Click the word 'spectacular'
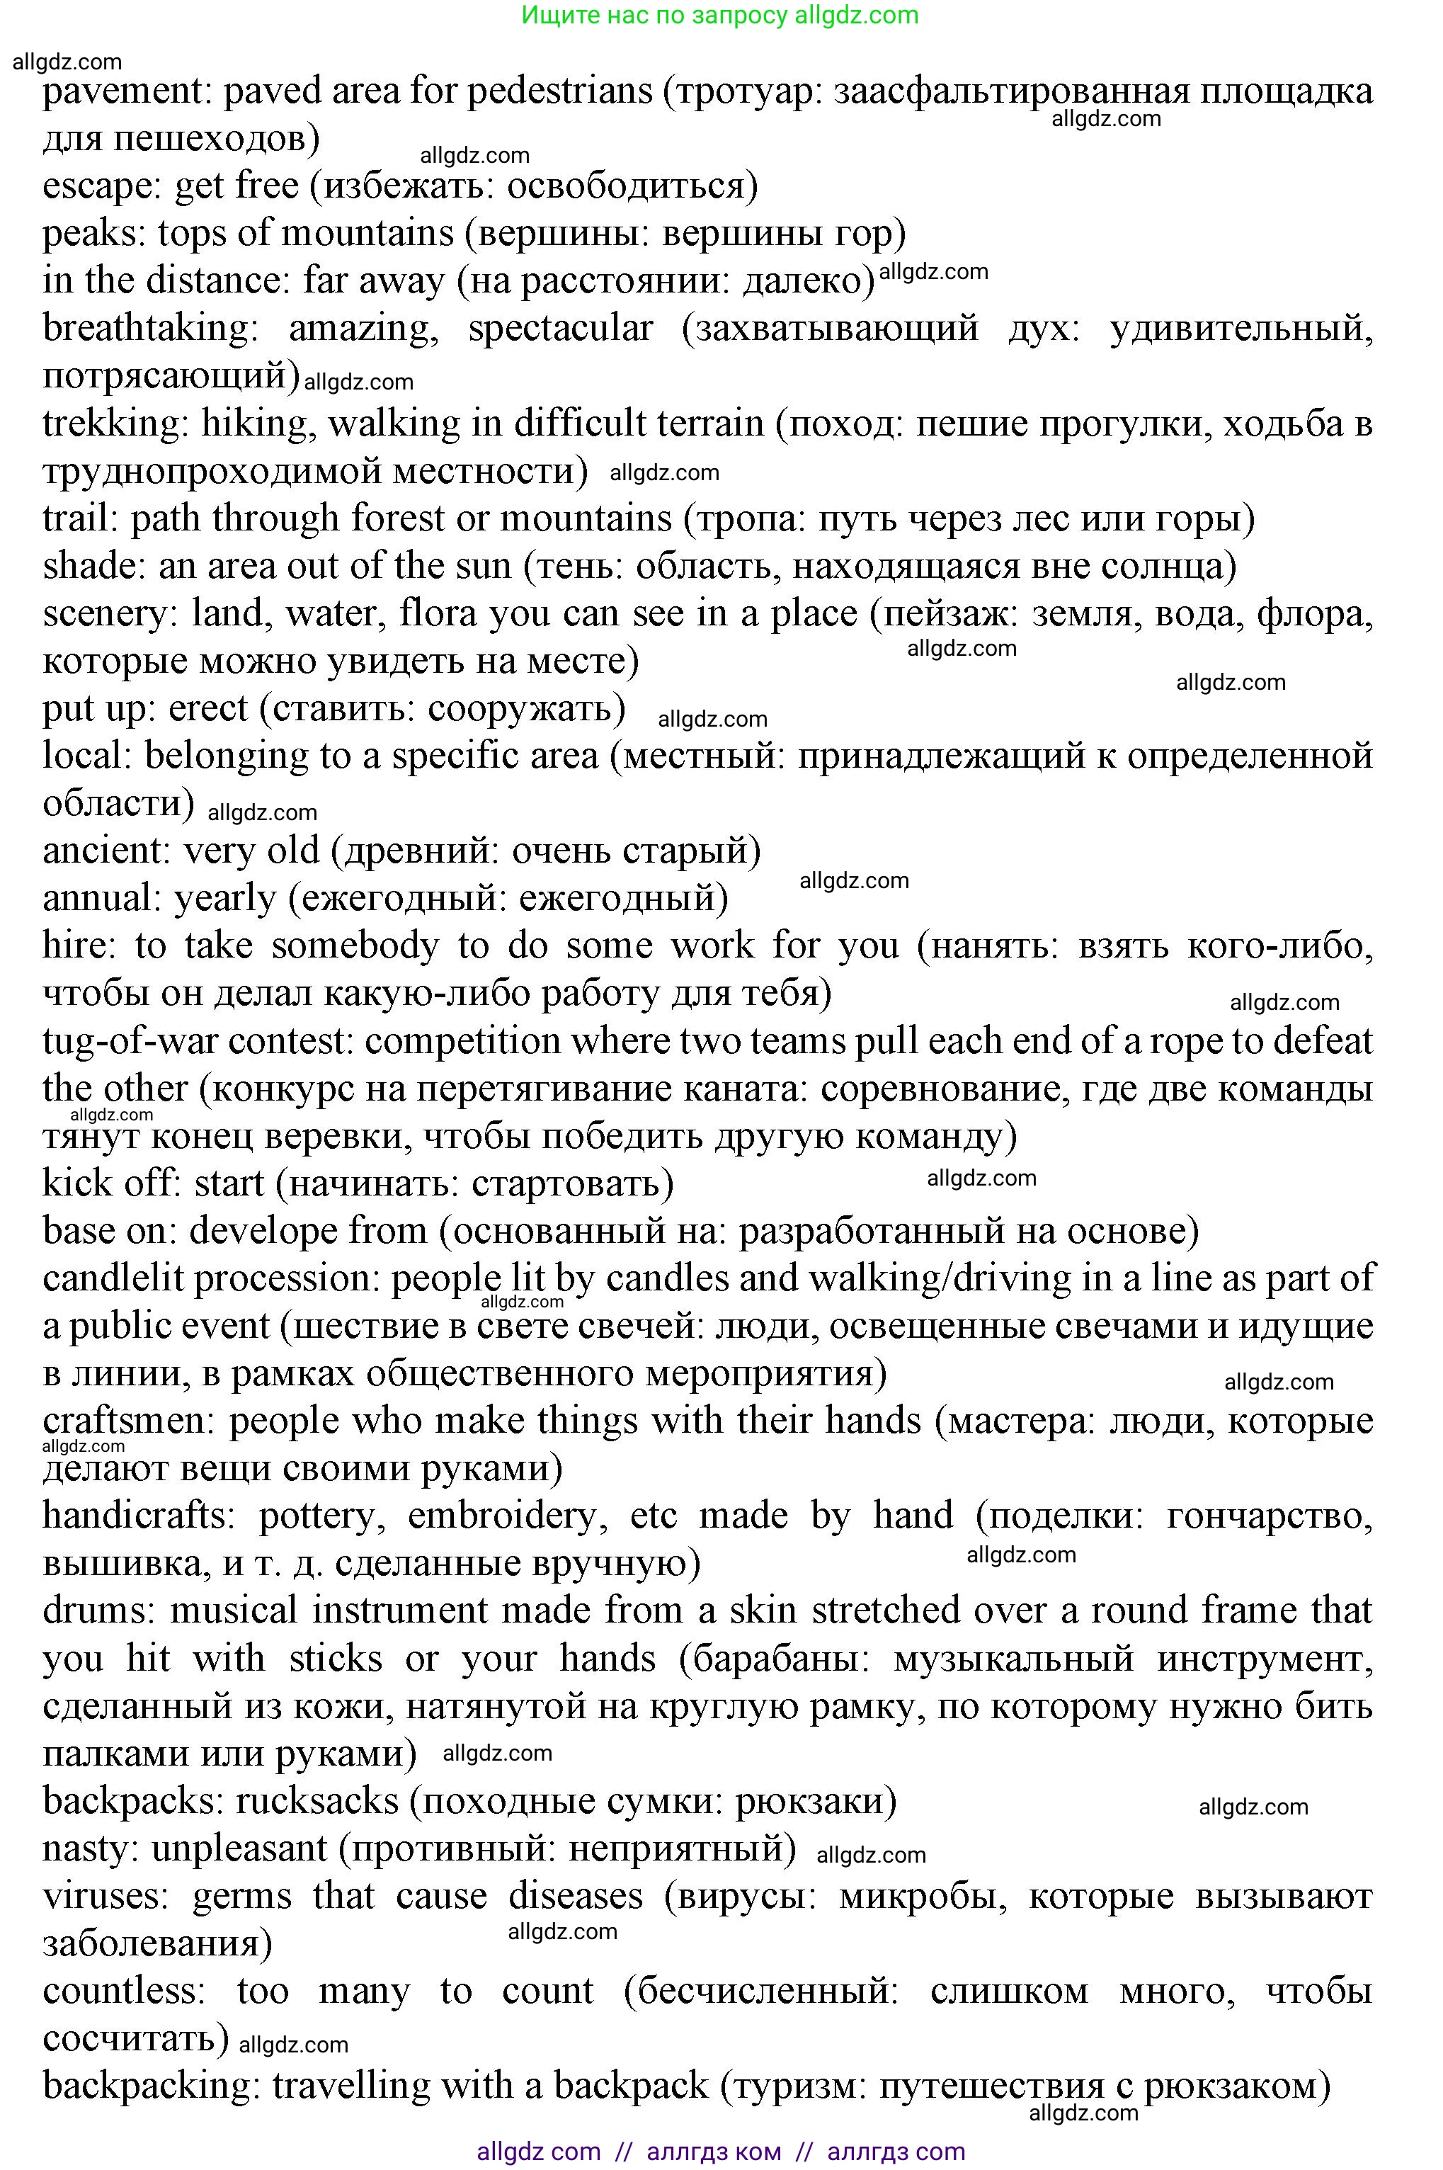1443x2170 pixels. pyautogui.click(x=561, y=329)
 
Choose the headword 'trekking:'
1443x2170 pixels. pyautogui.click(x=115, y=424)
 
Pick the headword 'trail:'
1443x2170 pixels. pyautogui.click(x=80, y=519)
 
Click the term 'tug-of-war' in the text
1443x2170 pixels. pyautogui.click(x=130, y=1042)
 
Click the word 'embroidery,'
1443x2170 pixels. pyautogui.click(x=508, y=1516)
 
